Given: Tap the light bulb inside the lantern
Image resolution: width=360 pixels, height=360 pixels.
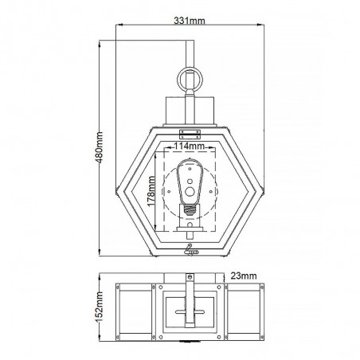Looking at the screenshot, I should (189, 183).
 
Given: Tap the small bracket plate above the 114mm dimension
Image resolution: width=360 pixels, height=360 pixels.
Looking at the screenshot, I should (189, 132).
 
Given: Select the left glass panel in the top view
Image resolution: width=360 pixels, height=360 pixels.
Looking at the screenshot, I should (135, 312).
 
